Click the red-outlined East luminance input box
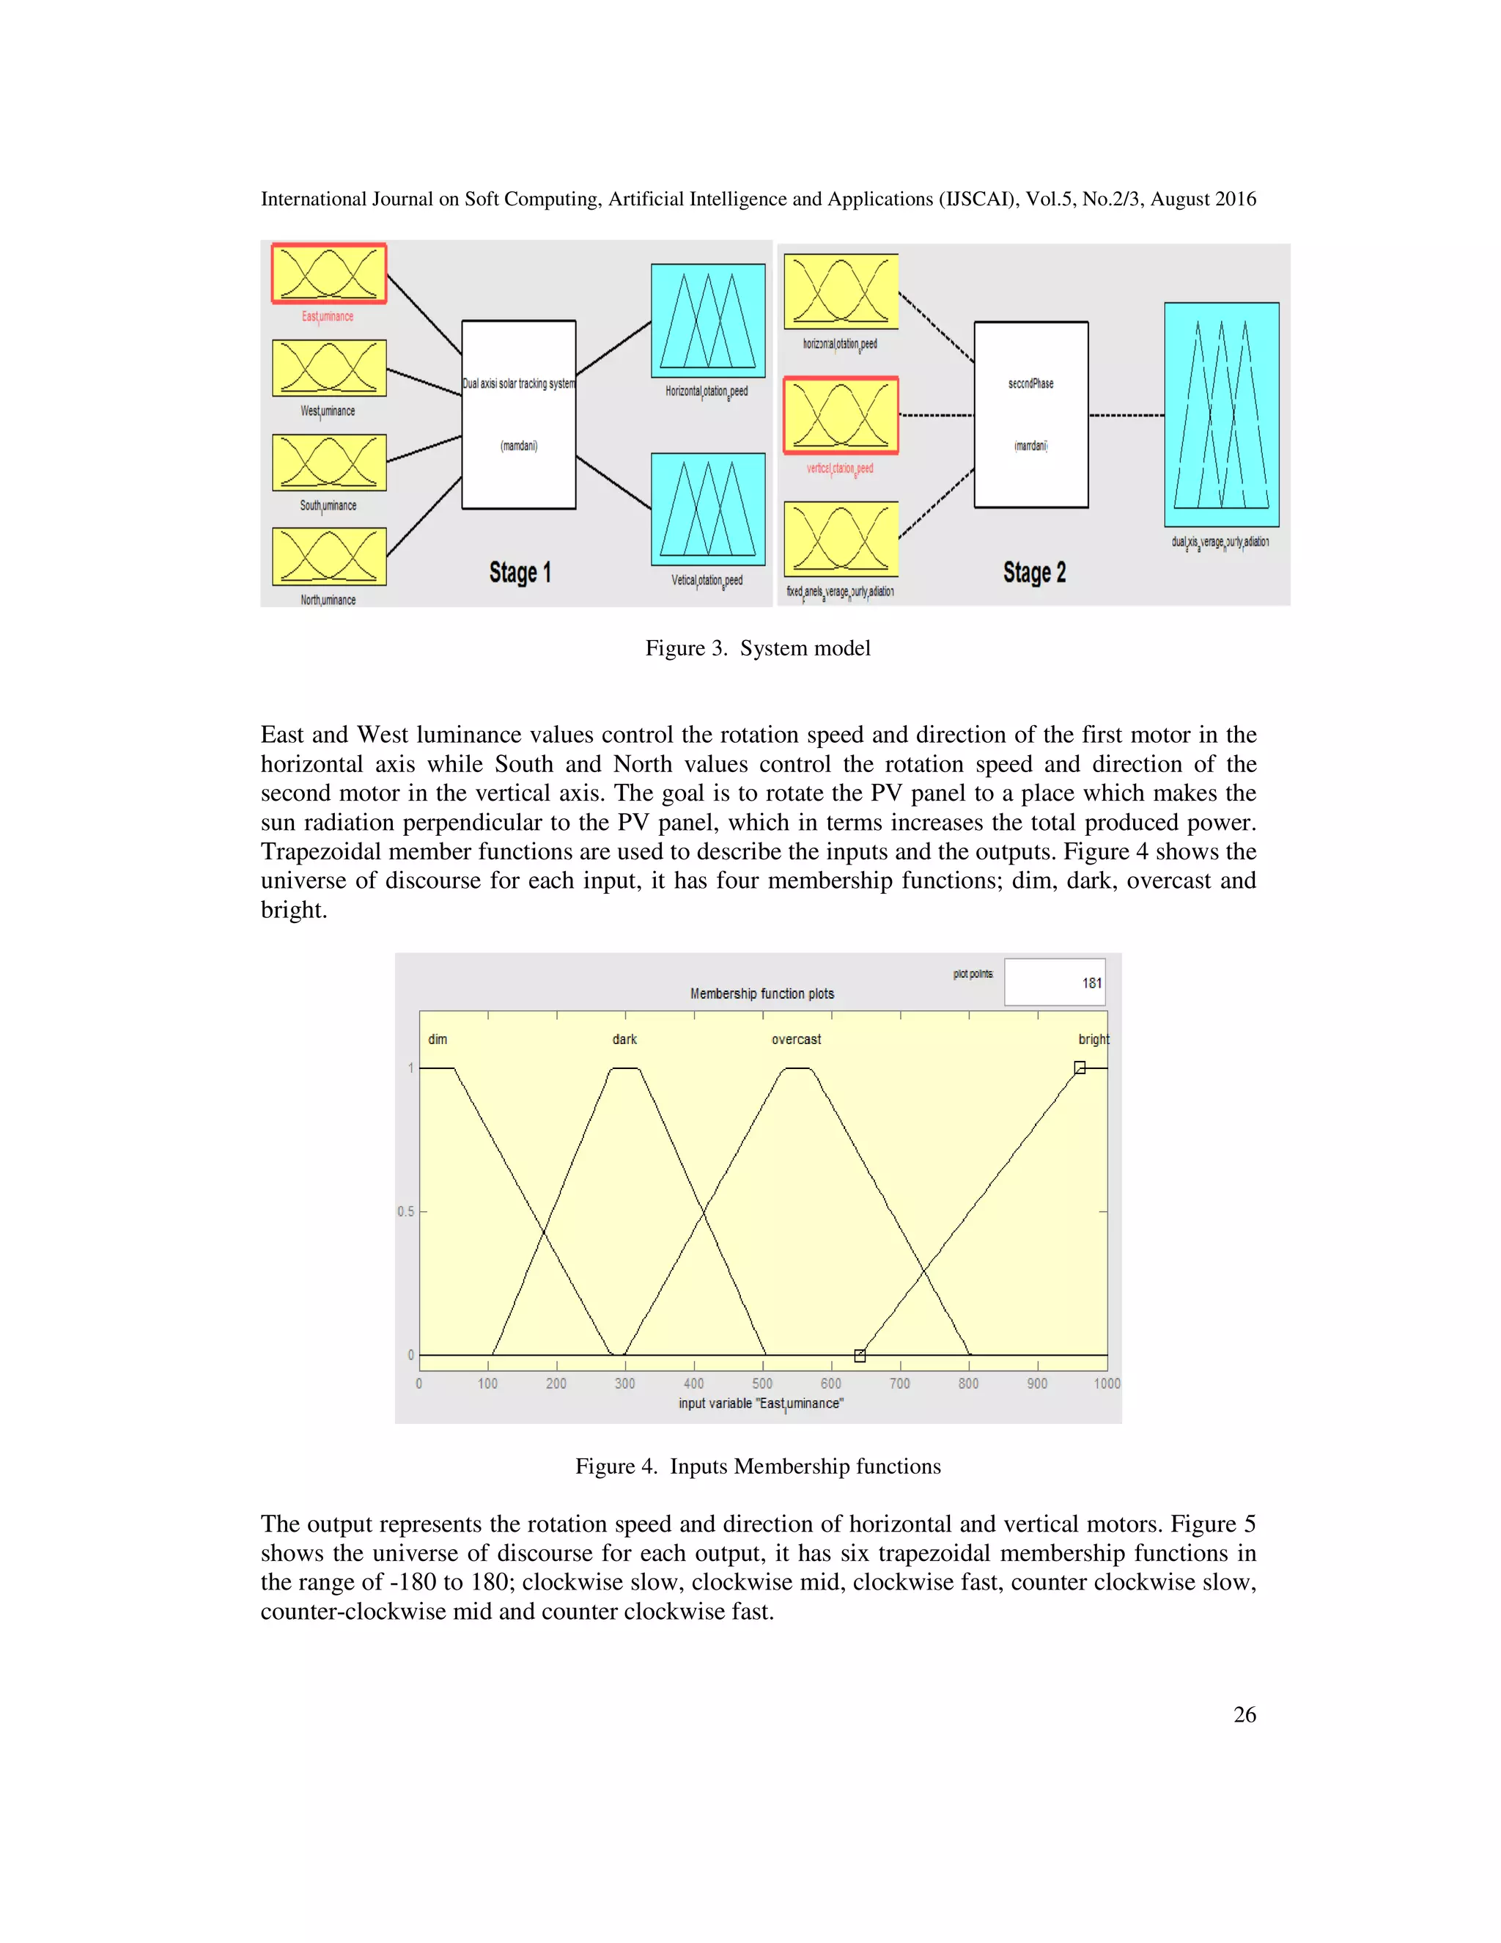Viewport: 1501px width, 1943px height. coord(329,273)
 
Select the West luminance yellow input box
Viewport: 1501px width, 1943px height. coord(329,367)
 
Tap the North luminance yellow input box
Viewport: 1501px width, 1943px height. coord(329,556)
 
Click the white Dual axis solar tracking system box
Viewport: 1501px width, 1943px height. coord(518,414)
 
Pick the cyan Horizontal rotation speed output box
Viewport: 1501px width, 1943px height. coord(708,320)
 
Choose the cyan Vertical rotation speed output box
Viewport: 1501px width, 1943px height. coord(708,509)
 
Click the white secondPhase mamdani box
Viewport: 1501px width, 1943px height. coord(1030,414)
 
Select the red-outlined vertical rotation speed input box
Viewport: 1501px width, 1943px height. coord(841,414)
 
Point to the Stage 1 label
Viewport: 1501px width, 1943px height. coord(520,572)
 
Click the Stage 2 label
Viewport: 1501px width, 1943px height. coord(1034,572)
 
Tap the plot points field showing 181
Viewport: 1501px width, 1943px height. coord(1055,982)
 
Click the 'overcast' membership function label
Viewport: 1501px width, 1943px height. coord(796,1039)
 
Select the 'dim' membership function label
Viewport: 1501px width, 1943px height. coord(438,1039)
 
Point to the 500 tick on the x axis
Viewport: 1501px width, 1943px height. coord(762,1384)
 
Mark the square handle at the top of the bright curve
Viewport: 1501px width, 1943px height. coord(1080,1068)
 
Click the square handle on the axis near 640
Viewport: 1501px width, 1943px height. coord(860,1356)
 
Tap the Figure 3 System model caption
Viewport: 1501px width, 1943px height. coord(758,647)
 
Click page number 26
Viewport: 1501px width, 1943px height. coord(1244,1714)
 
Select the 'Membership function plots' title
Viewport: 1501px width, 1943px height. coord(762,993)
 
